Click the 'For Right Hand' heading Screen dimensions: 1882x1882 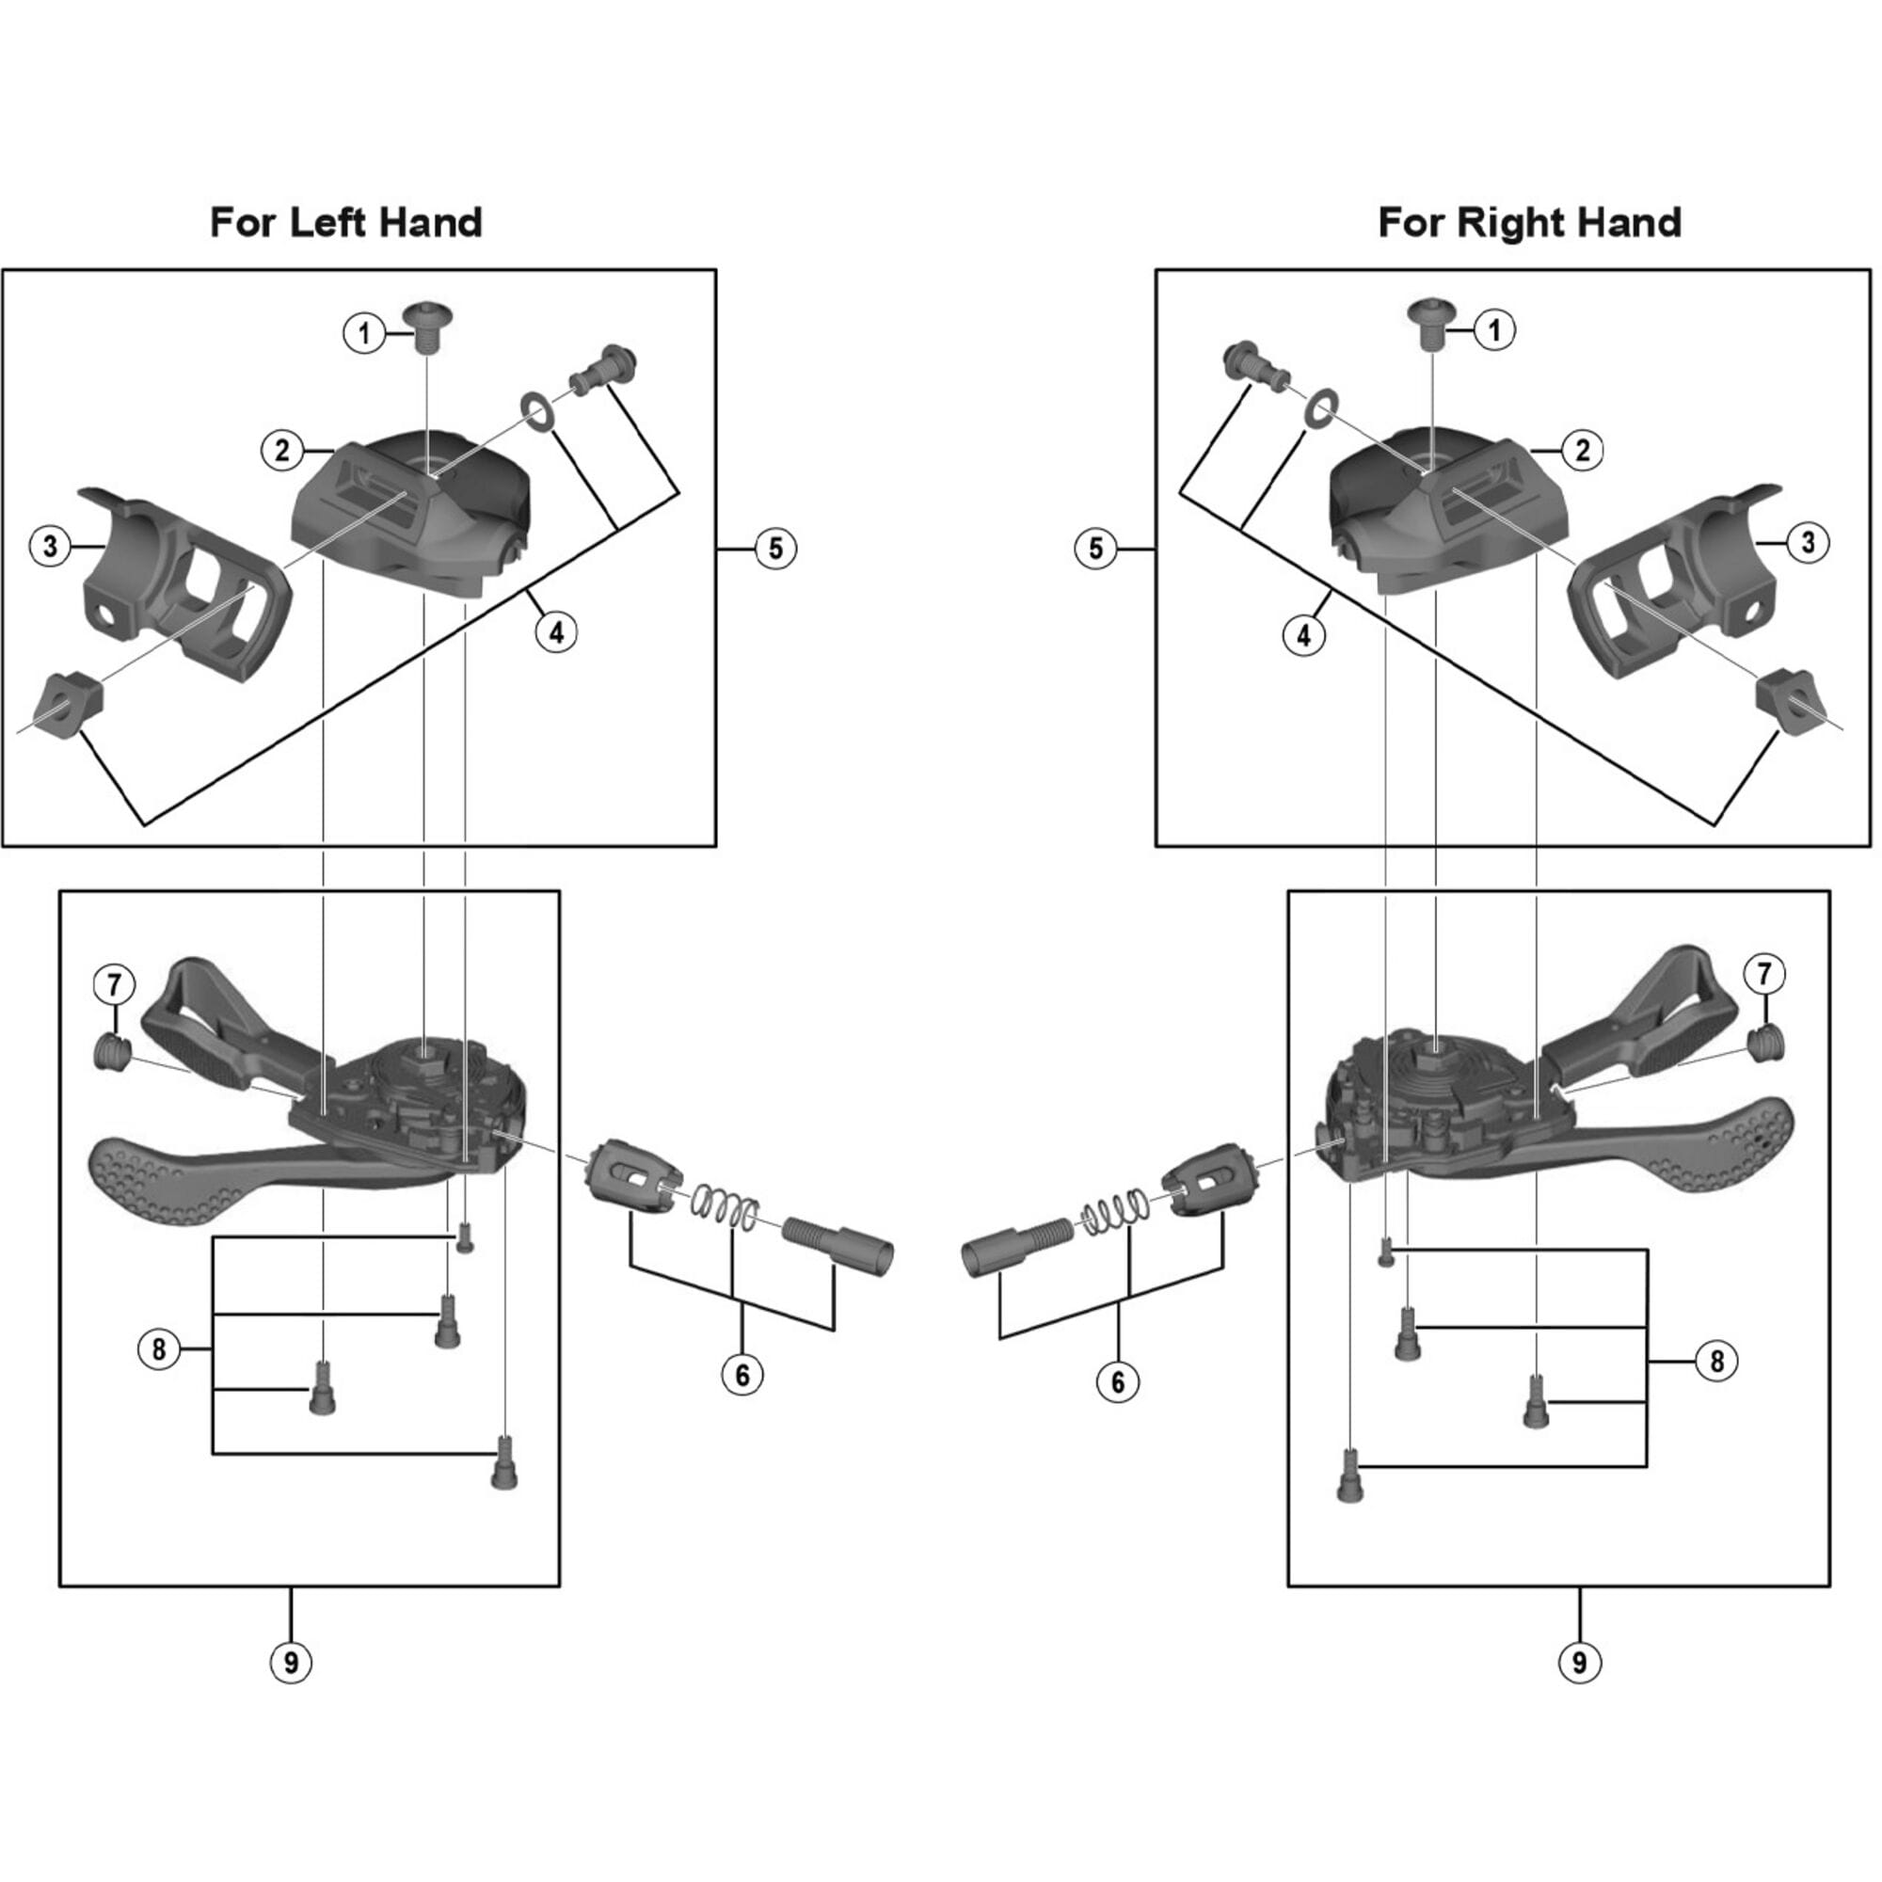[1528, 223]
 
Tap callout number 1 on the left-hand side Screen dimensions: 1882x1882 [363, 334]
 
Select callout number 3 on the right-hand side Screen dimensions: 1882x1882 [1808, 542]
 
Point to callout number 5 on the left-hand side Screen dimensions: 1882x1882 [775, 549]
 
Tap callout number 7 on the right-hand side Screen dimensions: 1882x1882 [1767, 974]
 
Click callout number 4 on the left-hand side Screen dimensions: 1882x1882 [555, 632]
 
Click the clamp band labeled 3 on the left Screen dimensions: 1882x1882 [185, 584]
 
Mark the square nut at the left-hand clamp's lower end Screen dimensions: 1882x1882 [68, 702]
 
